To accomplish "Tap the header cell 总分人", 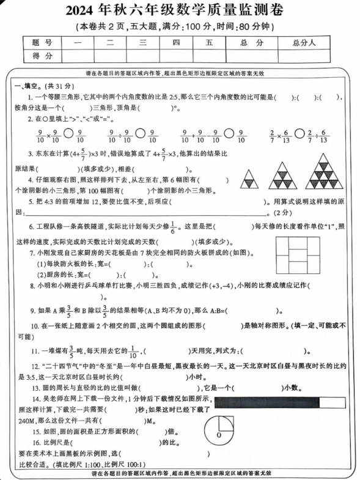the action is [x=303, y=42].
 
